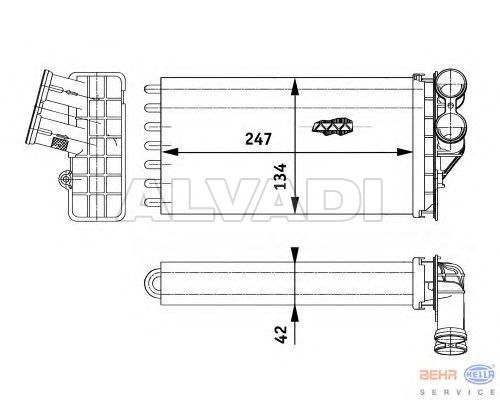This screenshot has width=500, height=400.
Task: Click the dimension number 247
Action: pos(258,139)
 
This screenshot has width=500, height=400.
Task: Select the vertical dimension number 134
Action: pos(281,176)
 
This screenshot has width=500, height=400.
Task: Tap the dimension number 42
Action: pos(281,334)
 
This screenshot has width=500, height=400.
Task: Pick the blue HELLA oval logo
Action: pos(480,375)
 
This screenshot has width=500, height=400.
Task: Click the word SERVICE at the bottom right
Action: pos(457,392)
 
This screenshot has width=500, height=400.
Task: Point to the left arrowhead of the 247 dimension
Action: pos(171,152)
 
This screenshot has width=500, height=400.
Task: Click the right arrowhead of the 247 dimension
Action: pos(404,152)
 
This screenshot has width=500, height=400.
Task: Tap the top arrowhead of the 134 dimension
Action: pos(295,87)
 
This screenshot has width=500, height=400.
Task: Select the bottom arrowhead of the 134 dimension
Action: pos(295,205)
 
